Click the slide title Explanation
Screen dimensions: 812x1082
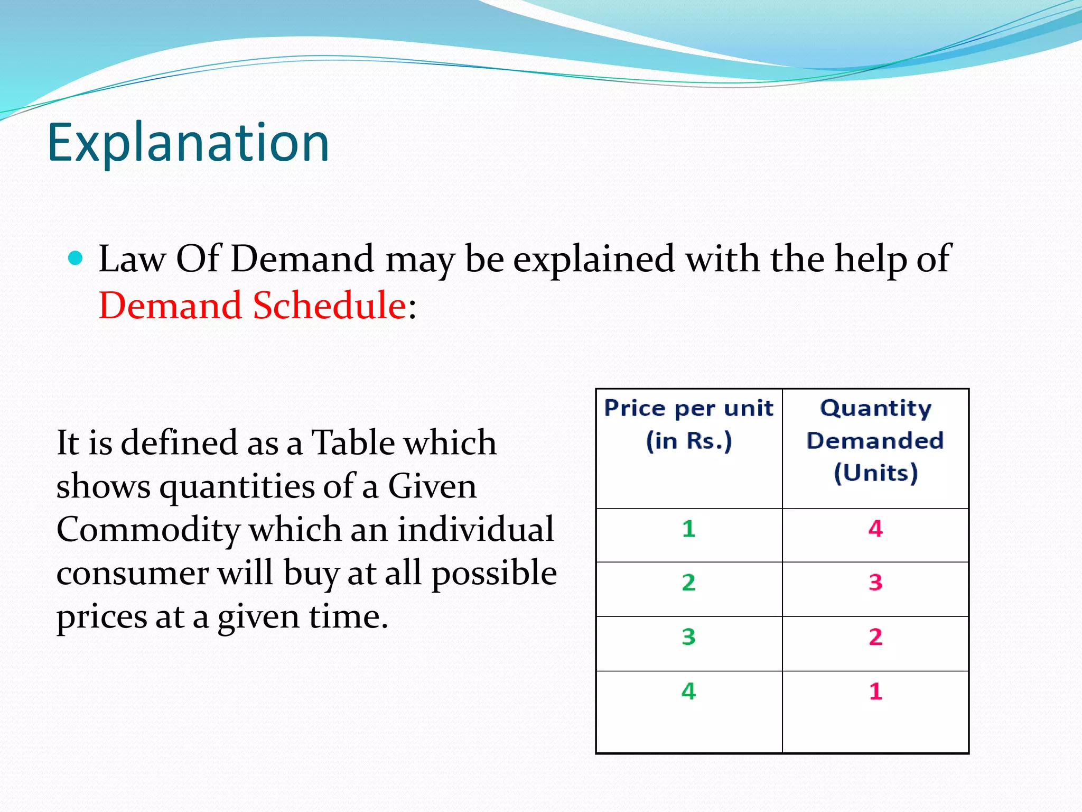pos(188,143)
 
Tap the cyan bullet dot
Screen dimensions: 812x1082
pos(76,259)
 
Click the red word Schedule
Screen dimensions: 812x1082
pos(329,306)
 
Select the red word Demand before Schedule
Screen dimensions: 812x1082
pos(171,306)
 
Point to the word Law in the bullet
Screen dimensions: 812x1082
pos(132,260)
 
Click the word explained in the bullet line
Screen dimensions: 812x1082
pos(594,260)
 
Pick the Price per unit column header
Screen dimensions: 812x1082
pos(688,424)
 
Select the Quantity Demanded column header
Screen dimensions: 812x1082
pos(875,440)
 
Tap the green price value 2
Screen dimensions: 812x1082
pos(688,583)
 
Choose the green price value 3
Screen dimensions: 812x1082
pos(688,637)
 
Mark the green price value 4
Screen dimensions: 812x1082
pos(688,691)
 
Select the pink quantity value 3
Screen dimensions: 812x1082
pos(875,583)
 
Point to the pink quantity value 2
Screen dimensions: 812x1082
pos(875,637)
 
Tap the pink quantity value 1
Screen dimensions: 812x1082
pos(875,691)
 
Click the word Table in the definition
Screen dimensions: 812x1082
pos(350,442)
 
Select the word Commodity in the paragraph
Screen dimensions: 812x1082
pos(148,530)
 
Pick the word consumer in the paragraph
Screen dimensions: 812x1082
pos(132,574)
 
